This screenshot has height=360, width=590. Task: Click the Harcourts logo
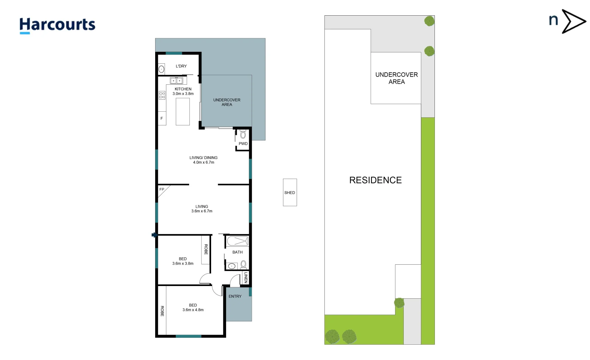pyautogui.click(x=57, y=25)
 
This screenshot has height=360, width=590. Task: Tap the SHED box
pyautogui.click(x=290, y=192)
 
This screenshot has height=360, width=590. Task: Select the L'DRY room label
pyautogui.click(x=181, y=66)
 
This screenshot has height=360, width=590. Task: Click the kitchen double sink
pyautogui.click(x=176, y=81)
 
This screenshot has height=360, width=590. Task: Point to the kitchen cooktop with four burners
pyautogui.click(x=162, y=95)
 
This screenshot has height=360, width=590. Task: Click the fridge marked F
pyautogui.click(x=162, y=118)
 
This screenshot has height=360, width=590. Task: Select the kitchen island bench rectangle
pyautogui.click(x=182, y=111)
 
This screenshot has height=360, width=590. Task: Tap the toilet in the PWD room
pyautogui.click(x=243, y=135)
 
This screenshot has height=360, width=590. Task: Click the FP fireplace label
pyautogui.click(x=162, y=189)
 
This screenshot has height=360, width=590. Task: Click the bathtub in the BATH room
pyautogui.click(x=237, y=241)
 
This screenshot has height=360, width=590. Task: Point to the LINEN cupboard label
pyautogui.click(x=246, y=277)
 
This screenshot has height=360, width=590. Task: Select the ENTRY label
pyautogui.click(x=235, y=296)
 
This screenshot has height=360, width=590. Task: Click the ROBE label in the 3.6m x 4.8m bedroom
pyautogui.click(x=162, y=311)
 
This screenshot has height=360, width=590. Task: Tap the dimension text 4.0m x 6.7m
pyautogui.click(x=203, y=162)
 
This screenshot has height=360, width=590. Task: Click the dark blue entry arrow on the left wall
pyautogui.click(x=154, y=235)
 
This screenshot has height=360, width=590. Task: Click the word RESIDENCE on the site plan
pyautogui.click(x=375, y=180)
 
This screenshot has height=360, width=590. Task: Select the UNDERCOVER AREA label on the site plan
pyautogui.click(x=396, y=78)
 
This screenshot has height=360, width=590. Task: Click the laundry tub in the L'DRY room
pyautogui.click(x=161, y=69)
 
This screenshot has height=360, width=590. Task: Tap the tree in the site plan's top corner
pyautogui.click(x=429, y=21)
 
